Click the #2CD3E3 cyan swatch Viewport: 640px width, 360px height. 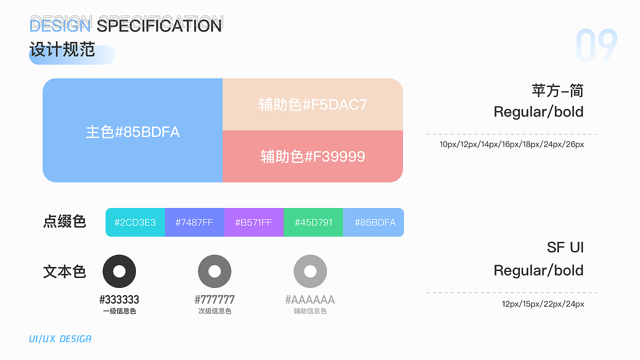pyautogui.click(x=135, y=222)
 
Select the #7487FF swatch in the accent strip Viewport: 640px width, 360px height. pyautogui.click(x=194, y=222)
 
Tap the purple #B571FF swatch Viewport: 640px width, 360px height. pyautogui.click(x=254, y=222)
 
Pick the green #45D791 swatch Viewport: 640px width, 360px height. pyautogui.click(x=313, y=222)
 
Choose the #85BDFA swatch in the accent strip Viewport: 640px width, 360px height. pyautogui.click(x=373, y=222)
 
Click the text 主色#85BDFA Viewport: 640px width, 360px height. pyautogui.click(x=132, y=132)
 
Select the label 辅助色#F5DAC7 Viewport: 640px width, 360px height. pyautogui.click(x=313, y=104)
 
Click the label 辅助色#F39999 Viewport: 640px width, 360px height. pyautogui.click(x=313, y=156)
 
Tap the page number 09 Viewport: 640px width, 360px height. pyautogui.click(x=596, y=45)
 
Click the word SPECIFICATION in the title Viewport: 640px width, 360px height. pyautogui.click(x=159, y=25)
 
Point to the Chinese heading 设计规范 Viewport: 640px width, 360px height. pyautogui.click(x=62, y=49)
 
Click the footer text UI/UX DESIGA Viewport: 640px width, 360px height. pyautogui.click(x=60, y=339)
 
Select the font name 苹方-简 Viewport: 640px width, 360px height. pyautogui.click(x=557, y=91)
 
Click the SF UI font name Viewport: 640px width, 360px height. pyautogui.click(x=565, y=247)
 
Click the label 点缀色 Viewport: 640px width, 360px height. pyautogui.click(x=64, y=221)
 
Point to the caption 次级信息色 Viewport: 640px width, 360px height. pyautogui.click(x=214, y=311)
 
